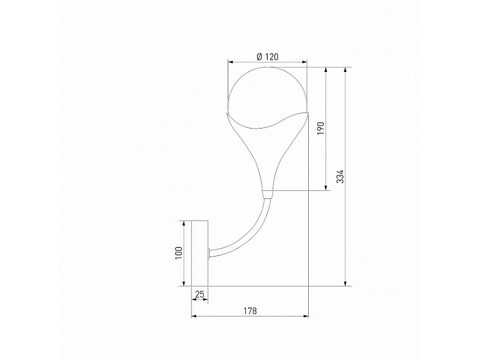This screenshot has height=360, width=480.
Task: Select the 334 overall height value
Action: click(340, 177)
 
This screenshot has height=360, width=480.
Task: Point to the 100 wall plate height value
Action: click(179, 252)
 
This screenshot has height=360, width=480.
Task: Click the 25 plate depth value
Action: click(200, 294)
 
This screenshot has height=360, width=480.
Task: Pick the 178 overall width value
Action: click(250, 310)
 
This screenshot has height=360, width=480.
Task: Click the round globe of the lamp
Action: click(268, 93)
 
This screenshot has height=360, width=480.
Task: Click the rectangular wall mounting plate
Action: click(199, 253)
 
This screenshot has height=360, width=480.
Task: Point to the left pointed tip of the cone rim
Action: click(226, 114)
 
